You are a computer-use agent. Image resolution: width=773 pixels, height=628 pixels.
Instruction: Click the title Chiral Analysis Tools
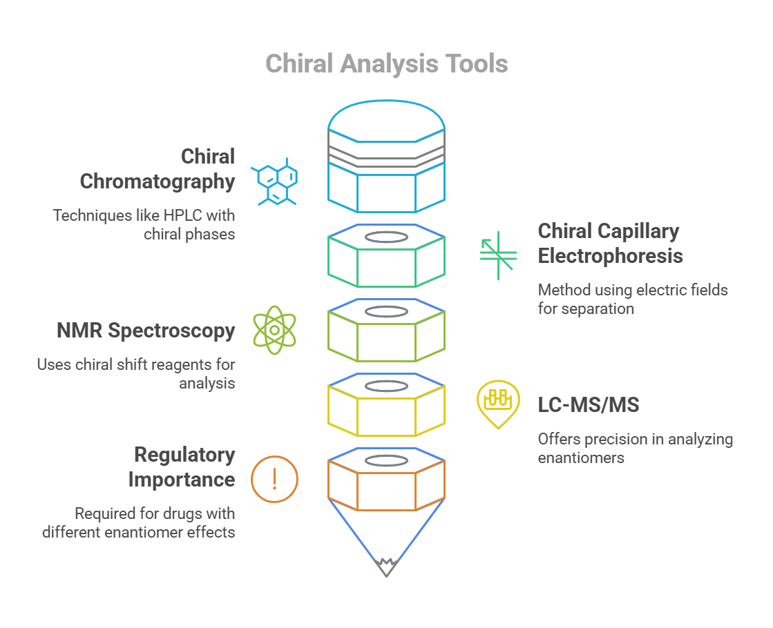[x=386, y=63]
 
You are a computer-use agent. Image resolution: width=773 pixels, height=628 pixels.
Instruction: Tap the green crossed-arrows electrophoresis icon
[x=498, y=255]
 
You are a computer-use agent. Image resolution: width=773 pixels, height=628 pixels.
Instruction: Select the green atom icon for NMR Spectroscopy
[x=274, y=330]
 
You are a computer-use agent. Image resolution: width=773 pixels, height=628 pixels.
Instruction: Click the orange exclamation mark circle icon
[x=274, y=478]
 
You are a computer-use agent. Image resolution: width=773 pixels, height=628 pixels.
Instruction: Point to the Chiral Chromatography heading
[x=158, y=169]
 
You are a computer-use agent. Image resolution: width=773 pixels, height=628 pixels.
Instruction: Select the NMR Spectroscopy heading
[x=146, y=331]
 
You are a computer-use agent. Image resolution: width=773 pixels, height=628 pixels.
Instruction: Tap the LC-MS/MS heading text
[x=589, y=405]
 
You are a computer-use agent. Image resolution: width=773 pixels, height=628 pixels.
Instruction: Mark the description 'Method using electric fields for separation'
[x=632, y=299]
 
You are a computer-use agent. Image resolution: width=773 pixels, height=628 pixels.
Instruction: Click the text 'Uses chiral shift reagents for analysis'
[x=136, y=373]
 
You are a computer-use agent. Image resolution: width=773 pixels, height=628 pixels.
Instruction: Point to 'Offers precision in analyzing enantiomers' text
[x=635, y=448]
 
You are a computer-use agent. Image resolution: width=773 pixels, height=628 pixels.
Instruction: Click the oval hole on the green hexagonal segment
[x=386, y=237]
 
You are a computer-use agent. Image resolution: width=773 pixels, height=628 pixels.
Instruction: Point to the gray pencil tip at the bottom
[x=386, y=568]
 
